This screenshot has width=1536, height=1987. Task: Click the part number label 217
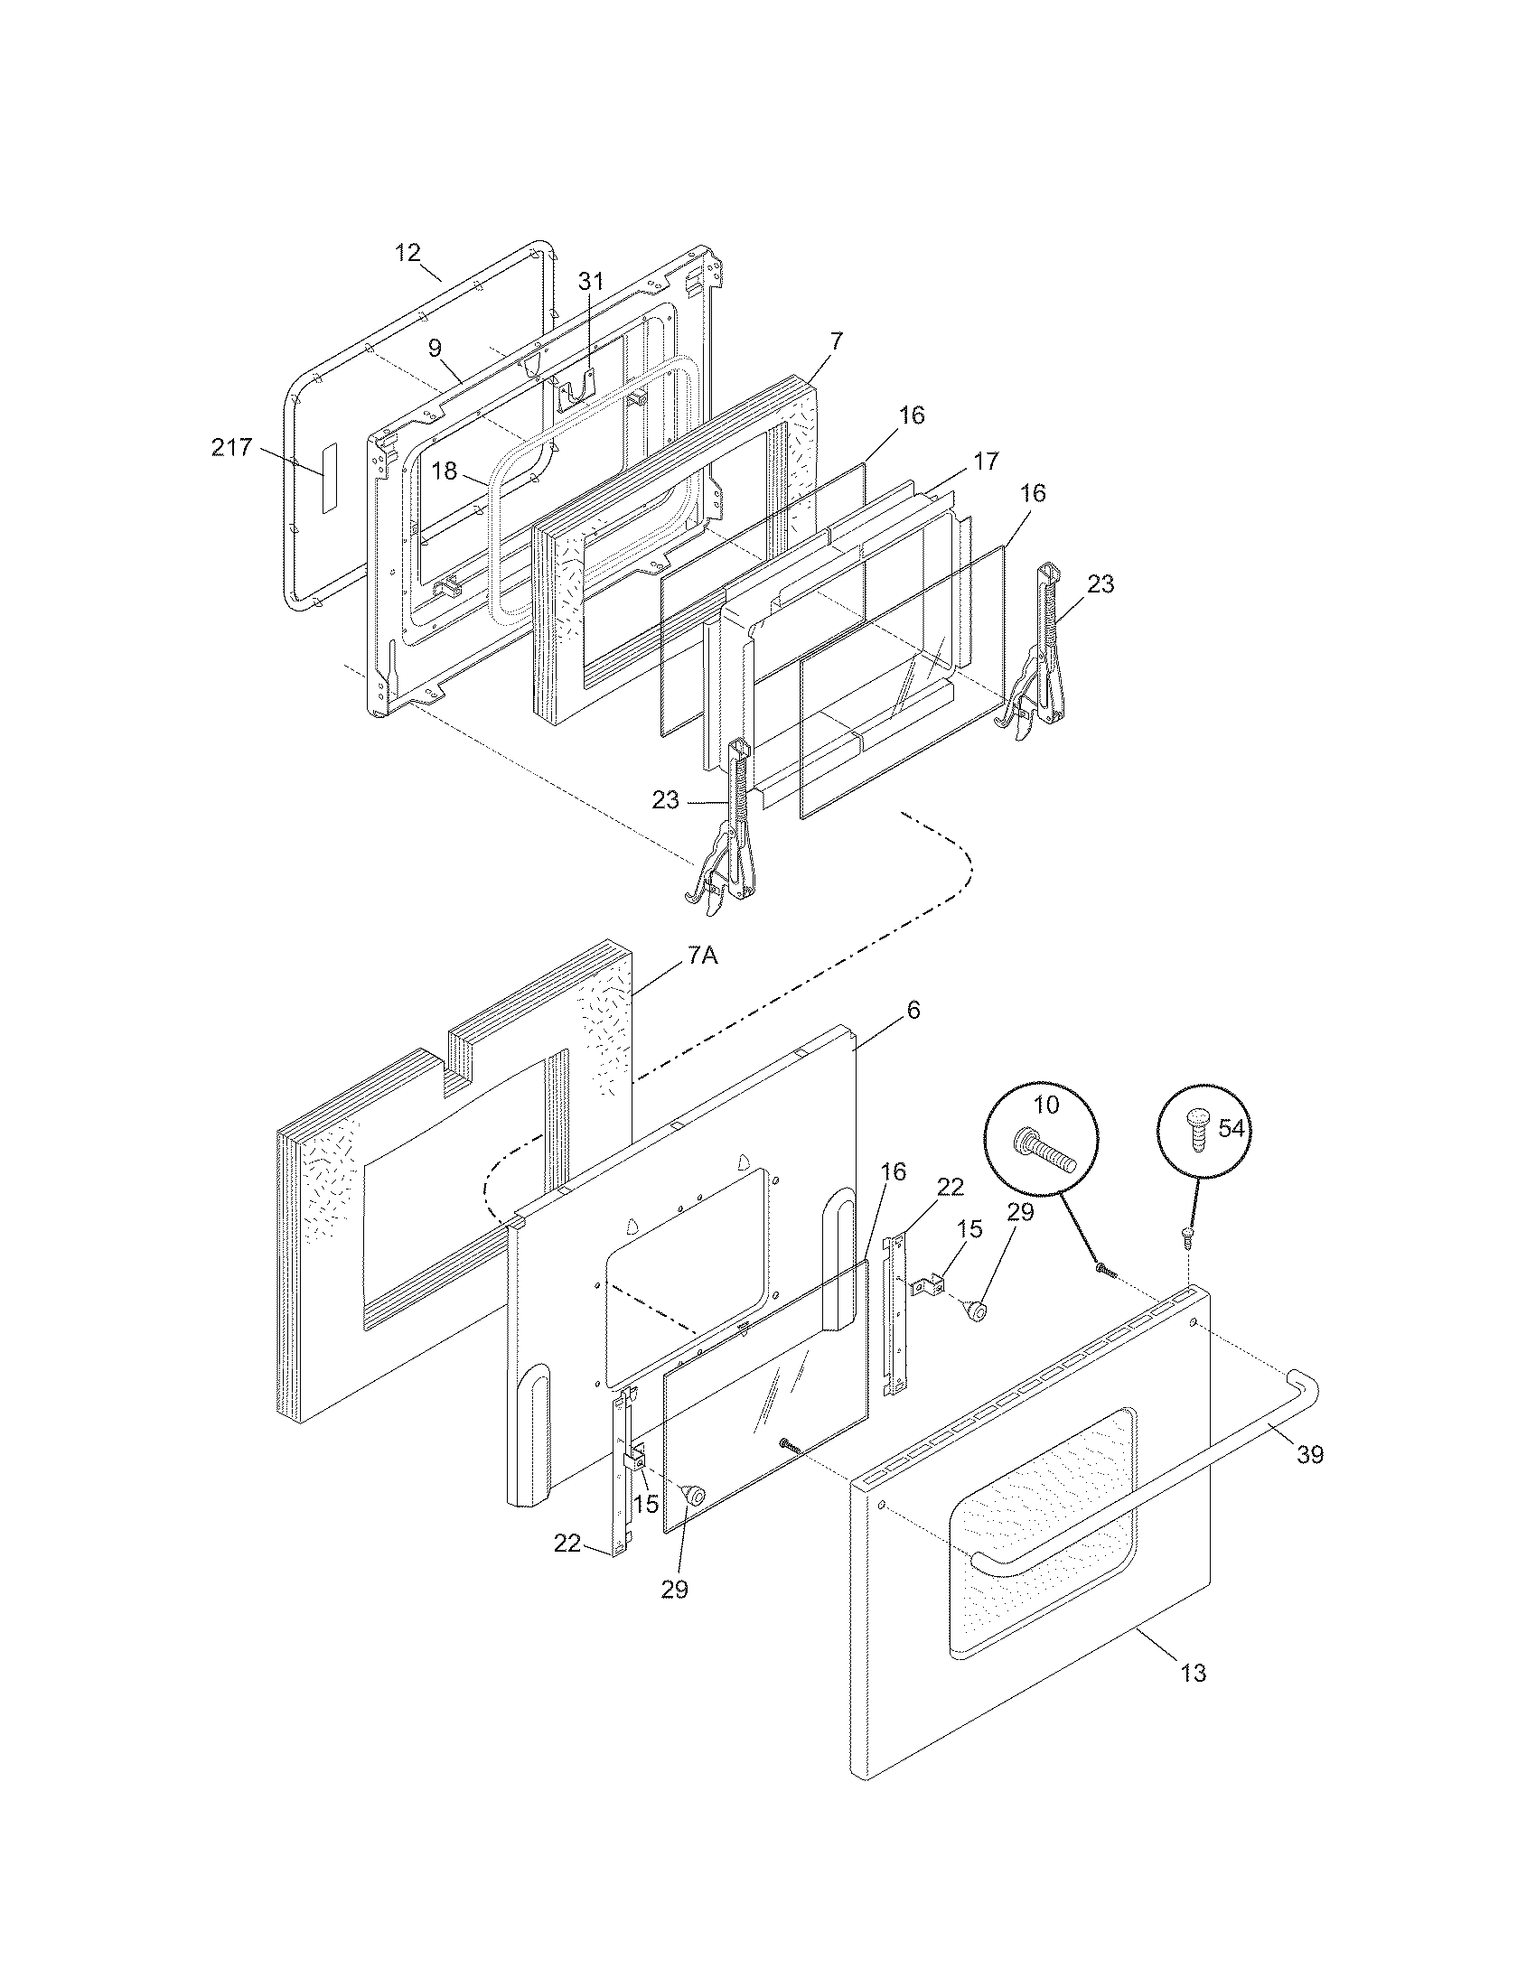(231, 448)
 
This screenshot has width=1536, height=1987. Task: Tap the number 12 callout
(407, 252)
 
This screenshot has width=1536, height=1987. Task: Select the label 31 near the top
(591, 281)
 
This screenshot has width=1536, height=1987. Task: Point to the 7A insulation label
(702, 956)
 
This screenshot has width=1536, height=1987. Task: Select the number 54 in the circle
(1232, 1129)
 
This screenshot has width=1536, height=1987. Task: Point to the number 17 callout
(986, 462)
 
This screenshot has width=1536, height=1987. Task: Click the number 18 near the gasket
(444, 471)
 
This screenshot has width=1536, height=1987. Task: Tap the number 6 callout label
(913, 1010)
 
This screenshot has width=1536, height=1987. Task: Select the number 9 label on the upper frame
(435, 348)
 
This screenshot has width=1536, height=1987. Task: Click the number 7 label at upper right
(837, 341)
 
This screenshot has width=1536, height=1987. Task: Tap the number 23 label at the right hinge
(1100, 584)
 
